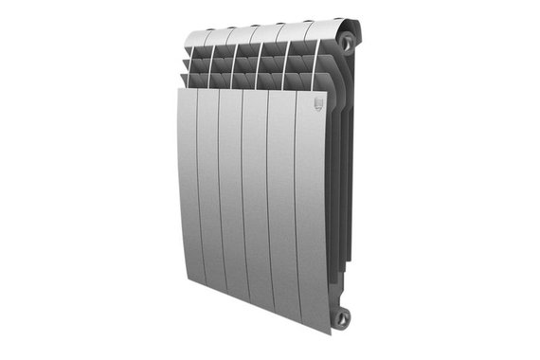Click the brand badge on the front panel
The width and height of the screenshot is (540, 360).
[317, 106]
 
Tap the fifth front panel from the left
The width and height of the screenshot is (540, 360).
[280, 208]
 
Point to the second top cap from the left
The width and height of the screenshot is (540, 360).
[224, 34]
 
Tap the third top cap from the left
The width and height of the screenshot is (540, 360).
[248, 31]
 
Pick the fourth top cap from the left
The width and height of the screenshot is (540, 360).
[273, 29]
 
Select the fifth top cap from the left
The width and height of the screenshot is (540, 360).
[297, 27]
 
